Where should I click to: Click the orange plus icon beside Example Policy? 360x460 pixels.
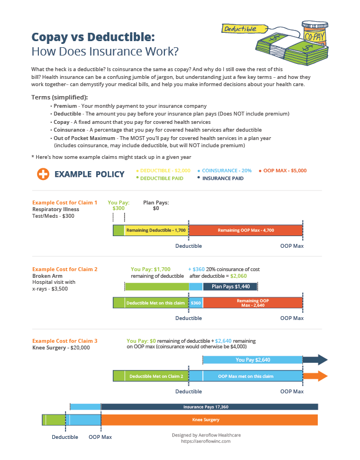(x=43, y=174)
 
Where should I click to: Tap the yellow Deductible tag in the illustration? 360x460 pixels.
(x=238, y=28)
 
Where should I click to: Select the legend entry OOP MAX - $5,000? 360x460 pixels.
(x=285, y=170)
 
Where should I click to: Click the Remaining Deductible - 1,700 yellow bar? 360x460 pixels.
(x=156, y=230)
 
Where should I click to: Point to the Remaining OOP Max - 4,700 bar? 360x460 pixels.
(x=246, y=230)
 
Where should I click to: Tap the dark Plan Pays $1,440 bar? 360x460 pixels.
(x=230, y=287)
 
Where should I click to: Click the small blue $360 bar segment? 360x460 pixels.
(x=196, y=303)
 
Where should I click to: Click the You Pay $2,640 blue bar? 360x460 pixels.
(x=253, y=360)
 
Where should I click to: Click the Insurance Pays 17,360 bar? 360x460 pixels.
(x=209, y=407)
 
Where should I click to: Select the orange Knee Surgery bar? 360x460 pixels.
(x=209, y=419)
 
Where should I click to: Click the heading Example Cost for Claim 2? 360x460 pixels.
(x=65, y=269)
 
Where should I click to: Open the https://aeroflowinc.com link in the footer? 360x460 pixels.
(x=206, y=441)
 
